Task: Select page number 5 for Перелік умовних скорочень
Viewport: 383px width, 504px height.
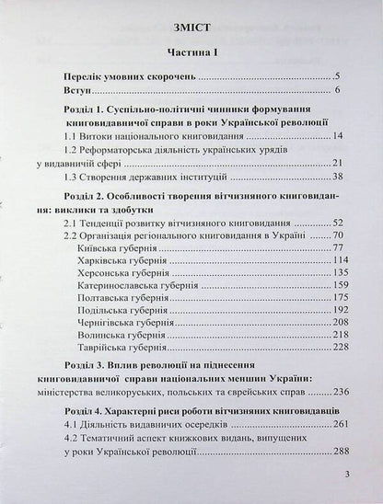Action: click(x=338, y=75)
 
